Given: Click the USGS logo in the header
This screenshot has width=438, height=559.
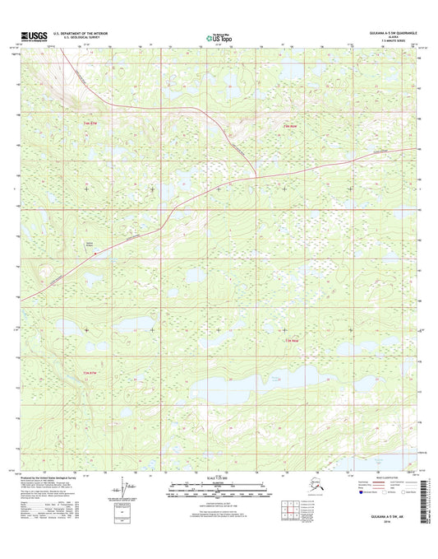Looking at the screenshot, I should tap(31, 35).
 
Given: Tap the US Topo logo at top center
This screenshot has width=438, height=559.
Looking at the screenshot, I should tap(219, 36).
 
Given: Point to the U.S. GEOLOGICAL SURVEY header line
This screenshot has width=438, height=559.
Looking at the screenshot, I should tap(80, 38).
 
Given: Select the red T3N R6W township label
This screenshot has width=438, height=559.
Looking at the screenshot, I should tap(291, 340).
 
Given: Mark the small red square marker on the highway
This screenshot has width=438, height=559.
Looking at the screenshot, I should tap(95, 254).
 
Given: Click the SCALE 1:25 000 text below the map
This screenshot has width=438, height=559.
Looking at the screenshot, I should tap(218, 480).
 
